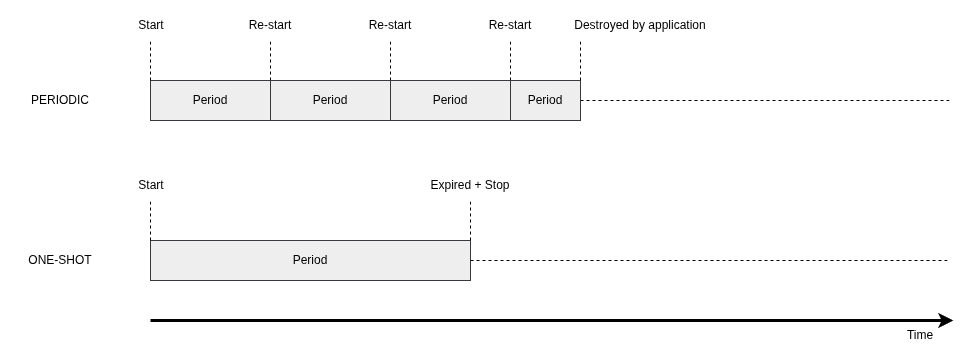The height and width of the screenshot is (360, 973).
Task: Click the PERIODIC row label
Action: [60, 100]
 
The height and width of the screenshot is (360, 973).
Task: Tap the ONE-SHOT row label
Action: [60, 260]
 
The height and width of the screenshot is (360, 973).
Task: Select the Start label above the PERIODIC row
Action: [151, 25]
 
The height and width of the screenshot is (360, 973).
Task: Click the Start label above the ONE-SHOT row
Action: [151, 185]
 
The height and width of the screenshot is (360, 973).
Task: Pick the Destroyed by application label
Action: [640, 25]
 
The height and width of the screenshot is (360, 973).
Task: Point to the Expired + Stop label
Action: [470, 185]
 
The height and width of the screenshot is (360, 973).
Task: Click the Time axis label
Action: [920, 335]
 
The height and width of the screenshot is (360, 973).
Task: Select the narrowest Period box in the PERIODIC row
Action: [545, 100]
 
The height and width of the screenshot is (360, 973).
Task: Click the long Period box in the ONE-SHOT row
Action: [310, 260]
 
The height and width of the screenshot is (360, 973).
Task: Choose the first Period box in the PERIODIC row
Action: [210, 100]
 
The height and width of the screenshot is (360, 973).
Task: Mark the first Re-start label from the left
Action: [270, 25]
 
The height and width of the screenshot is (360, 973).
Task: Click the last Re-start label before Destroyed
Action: [510, 25]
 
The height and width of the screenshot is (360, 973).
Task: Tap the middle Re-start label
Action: [390, 25]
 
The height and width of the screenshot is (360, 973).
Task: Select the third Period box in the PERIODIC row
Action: [451, 100]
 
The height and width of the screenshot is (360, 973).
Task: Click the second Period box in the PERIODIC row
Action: [330, 100]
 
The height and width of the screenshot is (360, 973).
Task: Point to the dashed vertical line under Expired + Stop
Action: [470, 220]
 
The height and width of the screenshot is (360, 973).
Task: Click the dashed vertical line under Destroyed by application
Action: [580, 61]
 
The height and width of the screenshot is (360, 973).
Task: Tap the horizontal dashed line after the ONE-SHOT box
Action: [709, 261]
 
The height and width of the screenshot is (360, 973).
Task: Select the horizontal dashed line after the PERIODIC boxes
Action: [765, 100]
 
